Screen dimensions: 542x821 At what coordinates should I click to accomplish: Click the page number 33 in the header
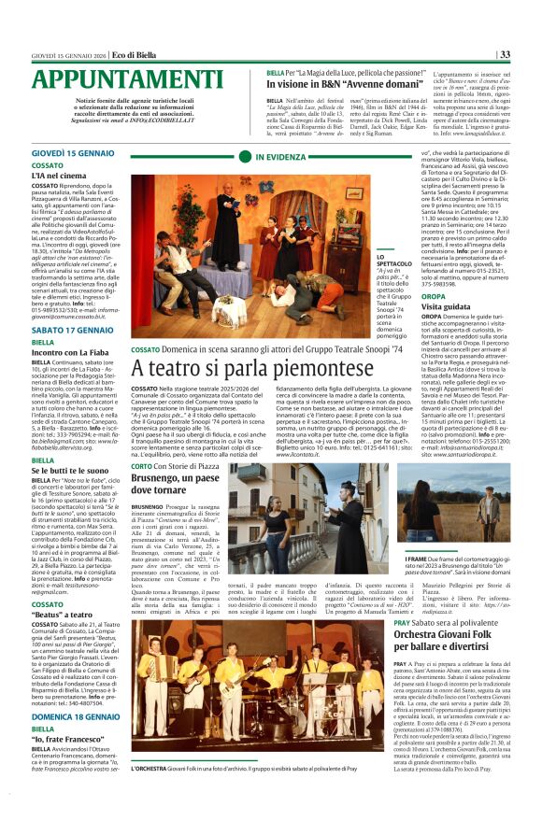click(x=504, y=54)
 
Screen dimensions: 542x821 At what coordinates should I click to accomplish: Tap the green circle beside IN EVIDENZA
click(x=248, y=159)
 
